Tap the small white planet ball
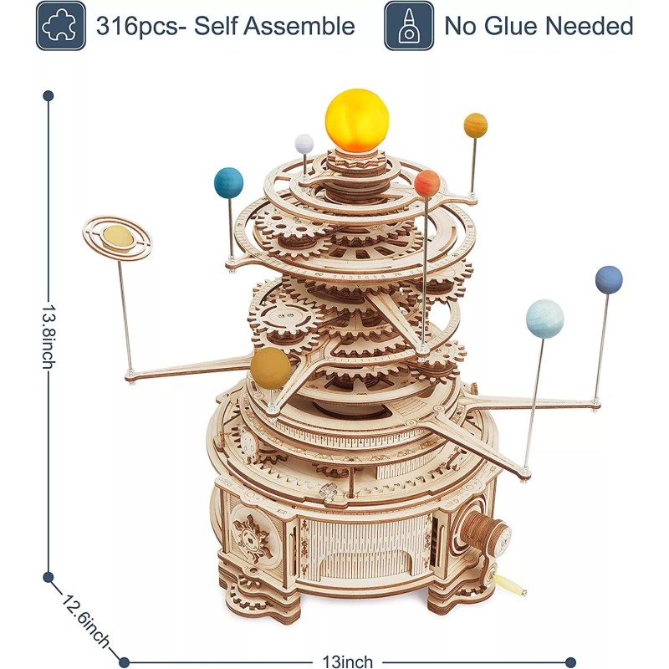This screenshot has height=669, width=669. coord(304,144)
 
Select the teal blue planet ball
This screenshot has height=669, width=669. coord(228,182)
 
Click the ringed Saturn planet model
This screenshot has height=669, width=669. coord(118,238)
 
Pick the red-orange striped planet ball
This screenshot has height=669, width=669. coord(427,181)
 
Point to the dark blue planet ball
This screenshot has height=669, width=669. coord(609,280)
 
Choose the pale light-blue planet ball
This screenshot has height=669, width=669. coord(544,319)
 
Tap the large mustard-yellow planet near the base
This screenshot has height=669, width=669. coord(271,369)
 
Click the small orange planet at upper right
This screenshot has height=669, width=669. coord(475,125)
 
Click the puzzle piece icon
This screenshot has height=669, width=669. coord(61,25)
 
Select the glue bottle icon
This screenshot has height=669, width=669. coord(409,25)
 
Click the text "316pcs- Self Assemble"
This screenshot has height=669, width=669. coord(226,26)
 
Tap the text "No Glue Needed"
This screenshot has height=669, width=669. coord(539,26)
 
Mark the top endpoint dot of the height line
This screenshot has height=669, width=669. coord(49,95)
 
